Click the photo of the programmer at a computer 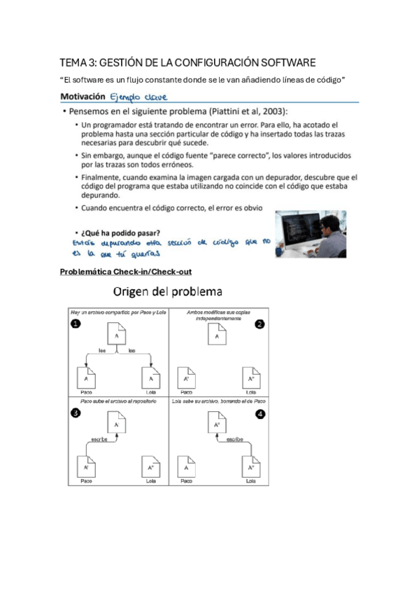[x=310, y=234]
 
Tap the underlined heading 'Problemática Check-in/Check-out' [x=126, y=271]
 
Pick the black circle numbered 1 [x=75, y=324]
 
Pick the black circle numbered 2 [x=260, y=324]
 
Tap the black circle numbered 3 [x=75, y=413]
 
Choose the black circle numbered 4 [x=260, y=413]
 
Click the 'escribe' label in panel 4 [x=233, y=440]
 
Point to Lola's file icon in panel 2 [x=250, y=378]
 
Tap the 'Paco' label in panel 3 [x=86, y=482]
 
